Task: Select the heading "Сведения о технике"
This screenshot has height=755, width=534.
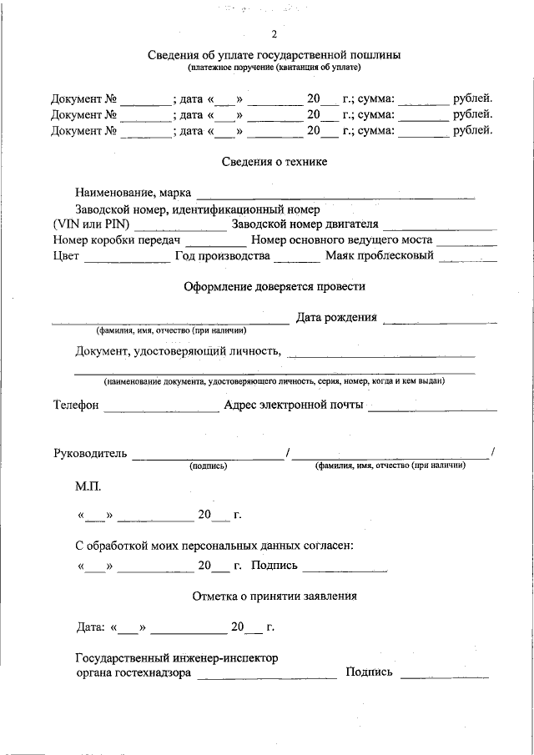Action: pyautogui.click(x=274, y=161)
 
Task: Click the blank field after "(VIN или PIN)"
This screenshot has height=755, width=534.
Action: pyautogui.click(x=179, y=225)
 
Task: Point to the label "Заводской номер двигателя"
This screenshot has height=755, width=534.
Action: pyautogui.click(x=305, y=224)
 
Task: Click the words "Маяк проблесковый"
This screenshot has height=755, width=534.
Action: pyautogui.click(x=380, y=255)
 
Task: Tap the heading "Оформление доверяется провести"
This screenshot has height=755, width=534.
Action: pyautogui.click(x=274, y=286)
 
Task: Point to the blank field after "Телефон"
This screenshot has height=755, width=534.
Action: pyautogui.click(x=161, y=408)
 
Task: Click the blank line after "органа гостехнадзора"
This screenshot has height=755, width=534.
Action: pyautogui.click(x=266, y=675)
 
